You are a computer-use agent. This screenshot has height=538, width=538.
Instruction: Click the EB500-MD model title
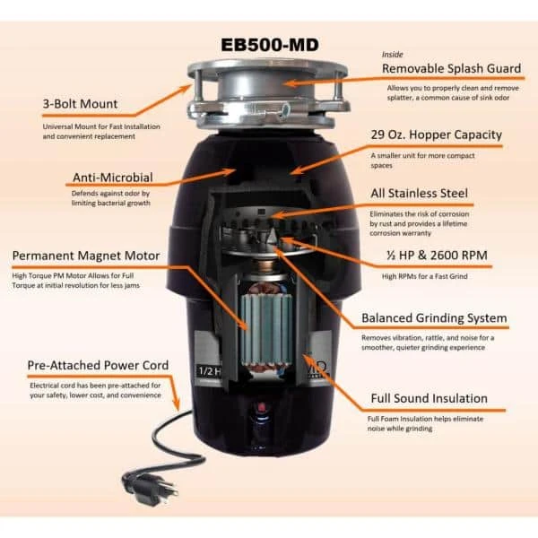click(270, 45)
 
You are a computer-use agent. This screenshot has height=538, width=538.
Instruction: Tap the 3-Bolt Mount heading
click(81, 104)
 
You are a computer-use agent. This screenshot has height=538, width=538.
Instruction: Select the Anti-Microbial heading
click(113, 178)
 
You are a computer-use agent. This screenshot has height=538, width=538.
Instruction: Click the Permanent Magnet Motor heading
click(86, 256)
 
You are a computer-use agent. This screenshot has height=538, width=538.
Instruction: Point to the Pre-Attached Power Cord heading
click(98, 365)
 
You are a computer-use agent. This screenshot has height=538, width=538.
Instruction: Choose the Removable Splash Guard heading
click(452, 68)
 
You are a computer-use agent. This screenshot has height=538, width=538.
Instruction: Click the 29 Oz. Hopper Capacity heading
click(437, 134)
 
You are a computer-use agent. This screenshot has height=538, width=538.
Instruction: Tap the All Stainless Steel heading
click(420, 193)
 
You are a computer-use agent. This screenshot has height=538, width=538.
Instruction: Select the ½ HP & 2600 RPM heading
click(437, 255)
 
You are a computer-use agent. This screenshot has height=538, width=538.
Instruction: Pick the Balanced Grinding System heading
click(434, 317)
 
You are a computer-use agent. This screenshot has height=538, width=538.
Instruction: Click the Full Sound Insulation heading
click(430, 398)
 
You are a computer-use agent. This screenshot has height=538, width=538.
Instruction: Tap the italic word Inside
click(392, 54)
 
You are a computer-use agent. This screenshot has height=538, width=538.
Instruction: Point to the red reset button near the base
click(262, 408)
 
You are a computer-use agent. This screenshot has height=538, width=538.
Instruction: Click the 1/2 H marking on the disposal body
click(209, 371)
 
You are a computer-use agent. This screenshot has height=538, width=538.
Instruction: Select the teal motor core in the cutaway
click(267, 329)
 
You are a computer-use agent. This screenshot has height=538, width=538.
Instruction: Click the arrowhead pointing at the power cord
click(177, 405)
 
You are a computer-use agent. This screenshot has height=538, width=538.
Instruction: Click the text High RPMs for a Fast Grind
click(425, 276)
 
